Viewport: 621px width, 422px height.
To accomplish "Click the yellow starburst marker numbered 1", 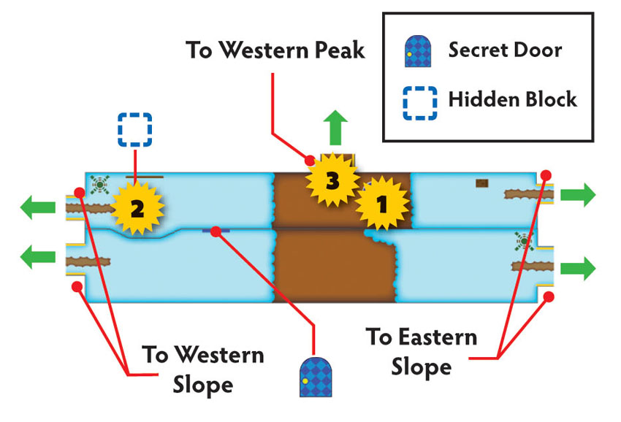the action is click(x=382, y=204).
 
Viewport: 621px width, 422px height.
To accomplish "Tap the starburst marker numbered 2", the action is click(x=137, y=208).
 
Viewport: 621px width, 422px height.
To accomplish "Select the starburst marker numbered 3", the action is click(x=332, y=180).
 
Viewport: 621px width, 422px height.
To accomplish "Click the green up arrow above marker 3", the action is click(x=335, y=128).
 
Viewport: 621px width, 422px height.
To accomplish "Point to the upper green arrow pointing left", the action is click(x=37, y=207).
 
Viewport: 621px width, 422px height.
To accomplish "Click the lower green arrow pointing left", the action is click(x=37, y=257).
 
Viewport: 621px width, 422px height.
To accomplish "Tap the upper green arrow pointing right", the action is click(x=578, y=195).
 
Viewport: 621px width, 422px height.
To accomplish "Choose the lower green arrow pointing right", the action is click(x=578, y=269).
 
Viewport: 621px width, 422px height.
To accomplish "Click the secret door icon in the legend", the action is click(x=418, y=51).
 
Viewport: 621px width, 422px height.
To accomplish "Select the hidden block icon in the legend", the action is click(x=420, y=103).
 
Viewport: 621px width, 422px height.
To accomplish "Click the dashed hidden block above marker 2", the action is click(x=135, y=130).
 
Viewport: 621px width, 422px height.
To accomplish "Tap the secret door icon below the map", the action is click(x=316, y=377).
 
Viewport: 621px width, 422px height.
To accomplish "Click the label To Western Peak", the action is click(x=275, y=50).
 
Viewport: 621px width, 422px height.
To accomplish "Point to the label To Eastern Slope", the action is click(x=422, y=353).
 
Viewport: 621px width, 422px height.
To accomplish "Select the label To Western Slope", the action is click(x=203, y=370).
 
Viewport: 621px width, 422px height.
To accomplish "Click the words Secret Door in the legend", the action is click(x=505, y=50).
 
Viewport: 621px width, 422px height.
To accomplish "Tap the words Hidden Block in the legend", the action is click(x=512, y=99).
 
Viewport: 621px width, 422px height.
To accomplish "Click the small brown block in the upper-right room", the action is click(x=482, y=183).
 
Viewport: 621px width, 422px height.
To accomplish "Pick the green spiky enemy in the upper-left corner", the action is click(x=99, y=185).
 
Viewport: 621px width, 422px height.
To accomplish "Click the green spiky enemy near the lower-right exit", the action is click(x=524, y=241).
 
